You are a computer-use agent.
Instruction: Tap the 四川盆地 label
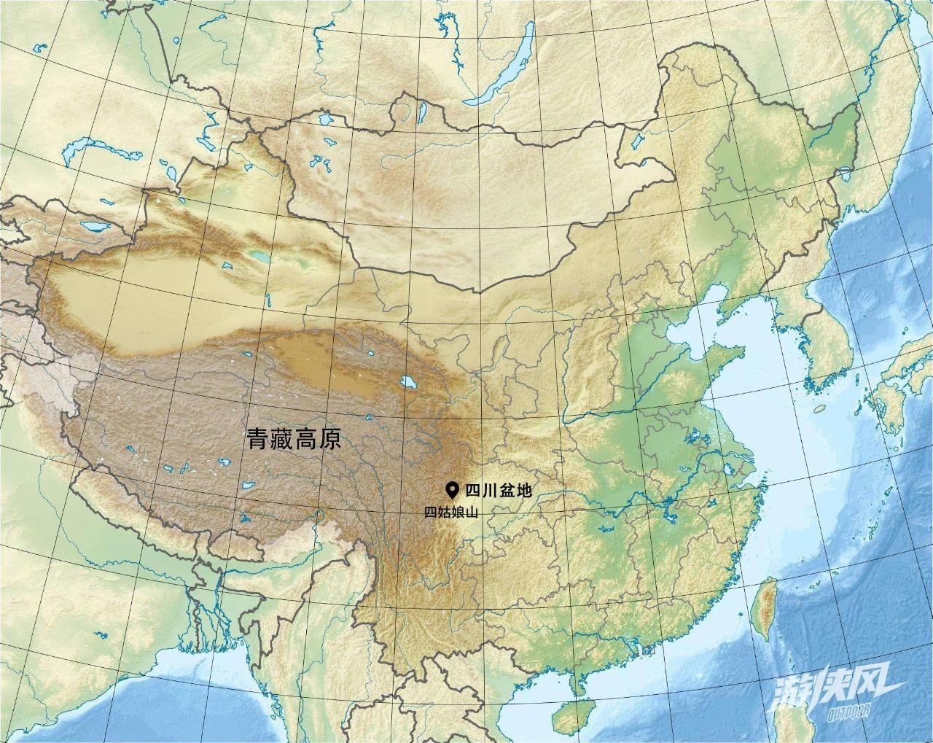tap(499, 491)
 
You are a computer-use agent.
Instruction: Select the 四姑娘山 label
tap(451, 513)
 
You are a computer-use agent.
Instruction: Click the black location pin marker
tap(453, 490)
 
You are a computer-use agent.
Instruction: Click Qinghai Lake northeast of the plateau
tap(407, 381)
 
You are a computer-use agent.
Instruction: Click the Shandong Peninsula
tap(718, 362)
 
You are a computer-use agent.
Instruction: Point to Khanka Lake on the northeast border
tap(845, 175)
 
